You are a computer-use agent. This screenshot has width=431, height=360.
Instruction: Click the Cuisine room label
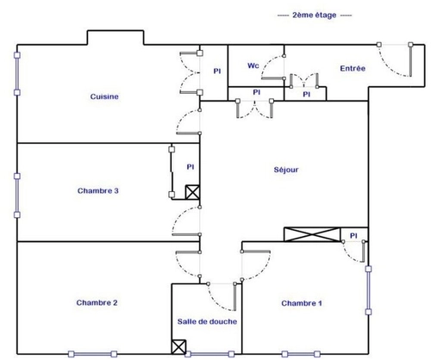104,96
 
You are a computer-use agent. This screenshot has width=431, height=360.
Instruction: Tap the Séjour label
286,170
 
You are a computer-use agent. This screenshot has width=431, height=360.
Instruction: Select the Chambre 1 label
302,303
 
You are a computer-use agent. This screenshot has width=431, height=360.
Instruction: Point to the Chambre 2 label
97,302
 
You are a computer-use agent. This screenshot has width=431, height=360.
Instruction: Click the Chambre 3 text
98,190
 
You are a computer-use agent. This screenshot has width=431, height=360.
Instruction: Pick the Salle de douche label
207,321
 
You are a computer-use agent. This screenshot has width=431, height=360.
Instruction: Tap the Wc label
253,65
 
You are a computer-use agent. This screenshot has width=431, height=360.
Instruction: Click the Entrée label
353,68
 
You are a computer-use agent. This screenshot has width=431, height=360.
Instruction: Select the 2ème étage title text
315,15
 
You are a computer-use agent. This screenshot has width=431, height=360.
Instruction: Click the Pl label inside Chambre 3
191,167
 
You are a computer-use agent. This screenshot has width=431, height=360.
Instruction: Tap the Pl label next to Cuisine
217,71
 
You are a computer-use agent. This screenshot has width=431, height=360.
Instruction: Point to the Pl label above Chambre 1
353,236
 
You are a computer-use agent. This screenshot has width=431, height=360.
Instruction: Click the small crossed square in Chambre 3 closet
192,192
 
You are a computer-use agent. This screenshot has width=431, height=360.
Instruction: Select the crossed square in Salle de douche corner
178,347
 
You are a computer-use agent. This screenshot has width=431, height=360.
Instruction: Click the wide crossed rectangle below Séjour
312,234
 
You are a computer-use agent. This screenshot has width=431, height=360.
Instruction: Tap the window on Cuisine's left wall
17,74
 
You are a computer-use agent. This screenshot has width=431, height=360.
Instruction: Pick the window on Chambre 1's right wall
368,290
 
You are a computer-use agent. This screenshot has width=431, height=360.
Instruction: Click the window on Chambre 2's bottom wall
92,354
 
